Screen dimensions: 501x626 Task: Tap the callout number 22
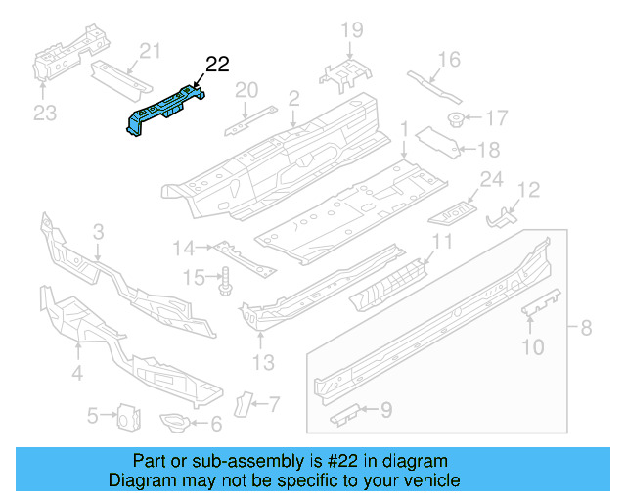click(x=216, y=65)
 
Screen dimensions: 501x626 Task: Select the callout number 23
click(x=45, y=113)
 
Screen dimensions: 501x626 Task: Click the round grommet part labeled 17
click(x=457, y=119)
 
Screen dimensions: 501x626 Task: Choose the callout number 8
click(x=587, y=328)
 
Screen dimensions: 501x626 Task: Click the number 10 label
click(x=532, y=346)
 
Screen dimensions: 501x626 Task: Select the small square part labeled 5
click(x=126, y=416)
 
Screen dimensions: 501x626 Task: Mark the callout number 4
click(x=76, y=373)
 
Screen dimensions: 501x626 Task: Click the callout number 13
click(x=261, y=365)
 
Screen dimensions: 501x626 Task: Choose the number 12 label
click(x=528, y=190)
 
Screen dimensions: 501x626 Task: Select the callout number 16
click(x=448, y=61)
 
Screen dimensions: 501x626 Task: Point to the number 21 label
click(x=149, y=51)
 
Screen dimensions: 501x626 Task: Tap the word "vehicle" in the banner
click(x=427, y=480)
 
